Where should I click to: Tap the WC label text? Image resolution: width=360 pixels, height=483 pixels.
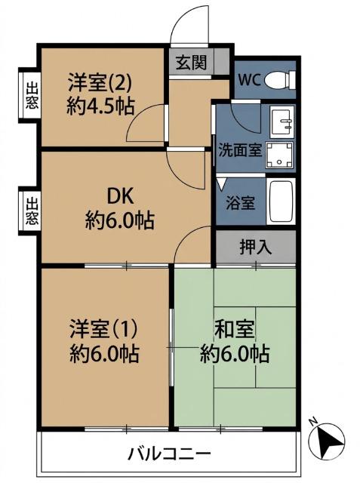click(x=250, y=80)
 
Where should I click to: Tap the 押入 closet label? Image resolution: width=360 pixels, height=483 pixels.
click(x=256, y=246)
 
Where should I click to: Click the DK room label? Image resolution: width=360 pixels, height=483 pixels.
click(x=120, y=196)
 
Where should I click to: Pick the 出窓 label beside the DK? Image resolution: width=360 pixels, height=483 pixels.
click(x=31, y=211)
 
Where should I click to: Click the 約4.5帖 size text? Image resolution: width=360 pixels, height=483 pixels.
click(x=100, y=106)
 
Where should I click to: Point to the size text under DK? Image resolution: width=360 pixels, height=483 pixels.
click(x=120, y=221)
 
